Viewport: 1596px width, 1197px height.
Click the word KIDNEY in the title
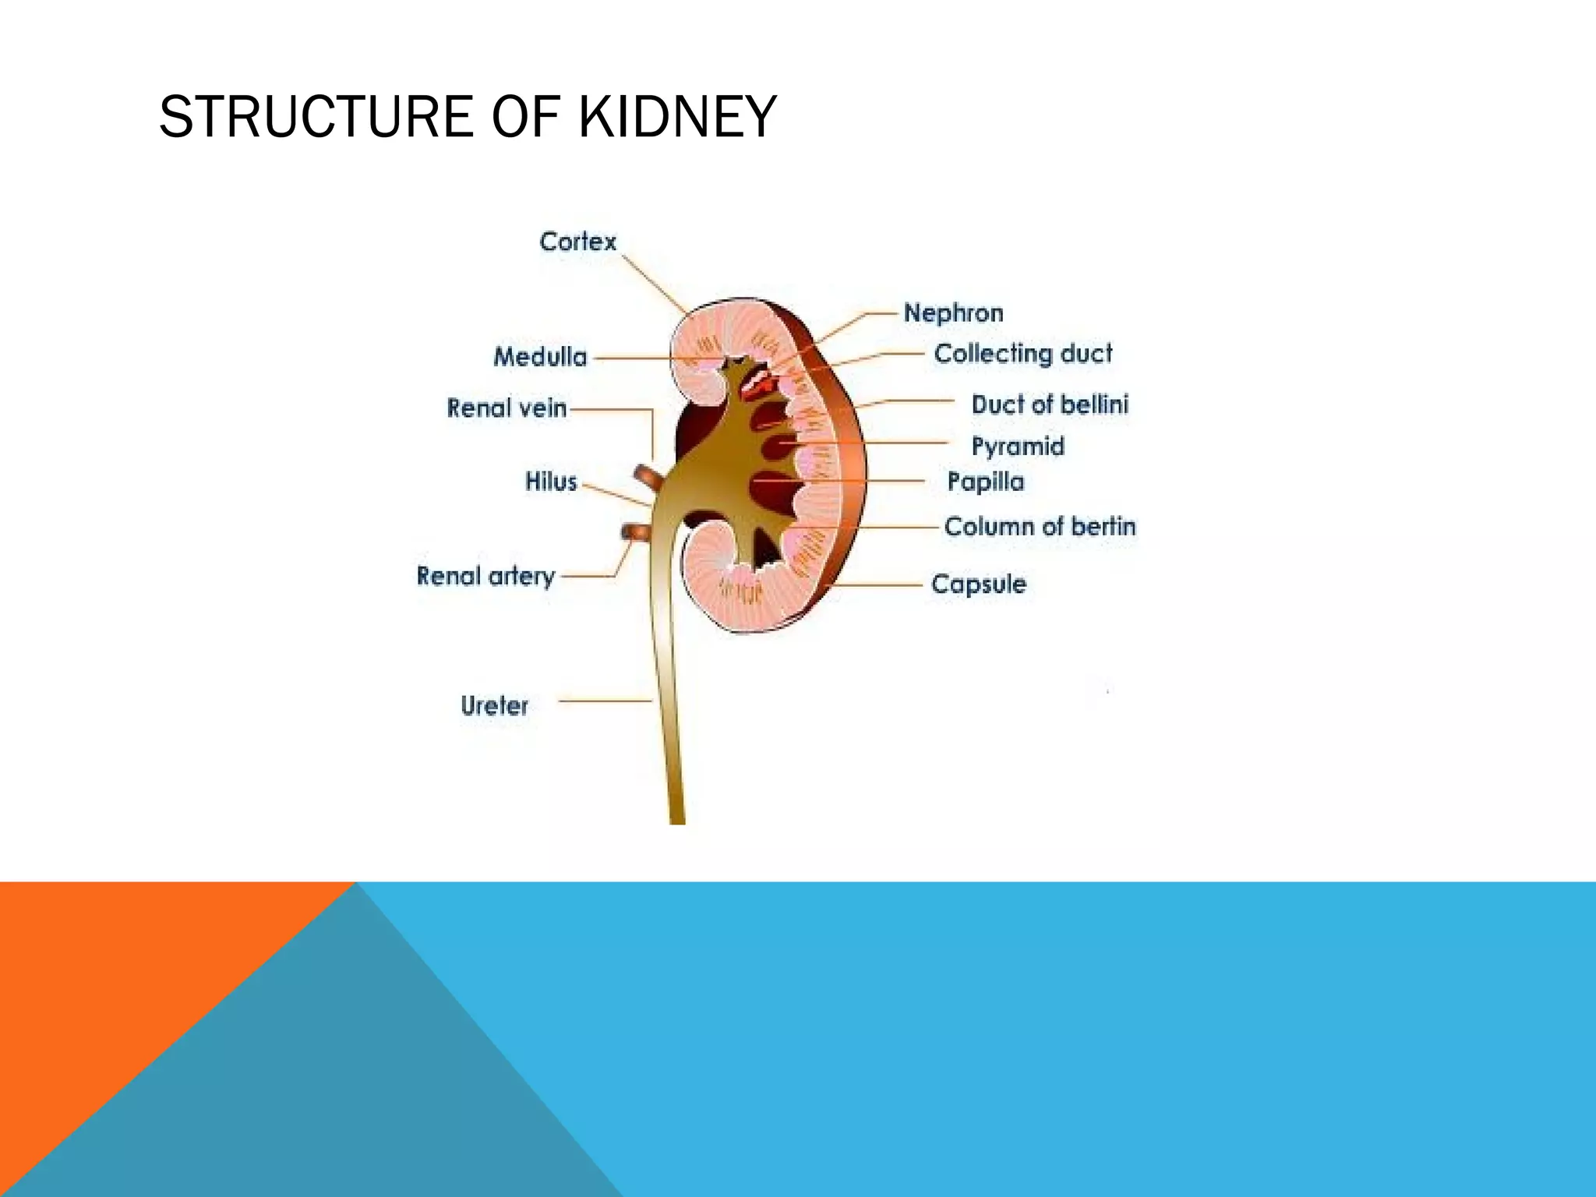[x=677, y=117]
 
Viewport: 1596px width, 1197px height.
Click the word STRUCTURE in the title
[x=316, y=117]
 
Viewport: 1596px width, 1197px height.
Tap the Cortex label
[x=577, y=242]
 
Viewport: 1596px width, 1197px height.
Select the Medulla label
[x=540, y=357]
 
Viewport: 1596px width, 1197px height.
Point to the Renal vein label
[x=507, y=408]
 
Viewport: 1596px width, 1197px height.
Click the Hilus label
[x=551, y=482]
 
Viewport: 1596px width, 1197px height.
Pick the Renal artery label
[x=486, y=576]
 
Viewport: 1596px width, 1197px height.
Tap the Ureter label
[x=494, y=705]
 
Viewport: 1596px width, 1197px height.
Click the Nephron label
[x=953, y=313]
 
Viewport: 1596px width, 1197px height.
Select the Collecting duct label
[x=1023, y=354]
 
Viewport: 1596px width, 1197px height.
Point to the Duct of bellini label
[x=1049, y=404]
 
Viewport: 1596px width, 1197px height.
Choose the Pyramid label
[x=1017, y=447]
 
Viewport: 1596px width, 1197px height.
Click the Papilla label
[x=985, y=482]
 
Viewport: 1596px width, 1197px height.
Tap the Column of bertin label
[x=1040, y=527]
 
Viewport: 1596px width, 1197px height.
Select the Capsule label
[x=978, y=584]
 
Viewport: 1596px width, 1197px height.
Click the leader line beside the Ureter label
[x=604, y=701]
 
